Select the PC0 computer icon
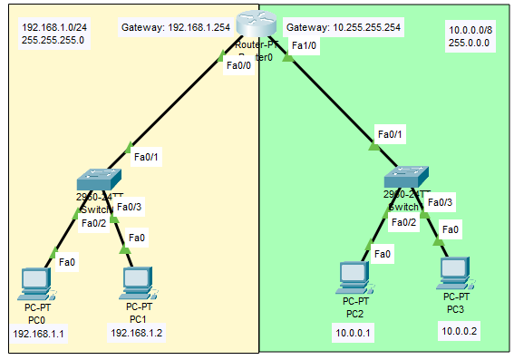[34, 282]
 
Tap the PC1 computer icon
[137, 282]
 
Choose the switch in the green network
[403, 177]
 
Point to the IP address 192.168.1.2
[137, 333]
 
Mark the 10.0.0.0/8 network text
[471, 30]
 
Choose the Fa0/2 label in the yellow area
[93, 223]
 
